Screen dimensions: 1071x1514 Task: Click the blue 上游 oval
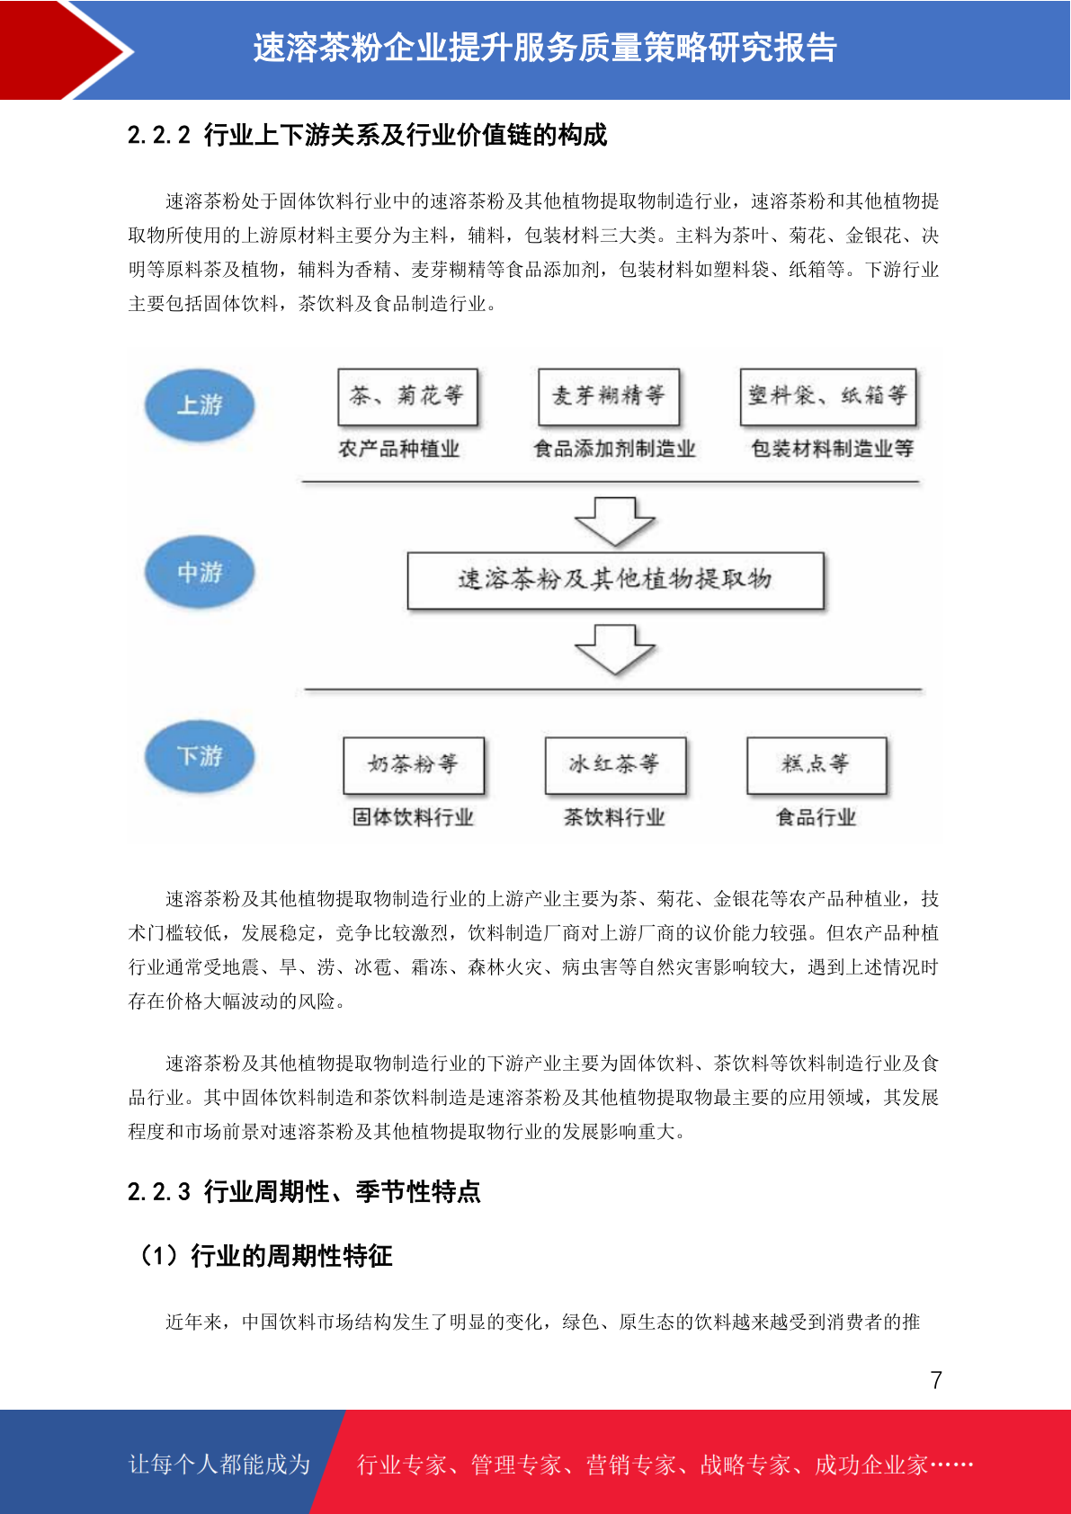click(x=201, y=405)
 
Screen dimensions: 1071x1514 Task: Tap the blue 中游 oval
click(x=201, y=572)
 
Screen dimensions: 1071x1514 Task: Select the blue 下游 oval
click(x=201, y=755)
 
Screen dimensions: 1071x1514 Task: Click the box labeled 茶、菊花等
click(x=407, y=396)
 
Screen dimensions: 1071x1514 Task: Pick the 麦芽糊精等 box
click(x=609, y=396)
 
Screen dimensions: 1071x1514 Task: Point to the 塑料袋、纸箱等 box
click(x=828, y=396)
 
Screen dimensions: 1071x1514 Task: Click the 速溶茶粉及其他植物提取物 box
click(x=615, y=581)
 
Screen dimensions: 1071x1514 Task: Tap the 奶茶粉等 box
click(x=414, y=765)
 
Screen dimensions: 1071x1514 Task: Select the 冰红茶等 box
click(x=615, y=765)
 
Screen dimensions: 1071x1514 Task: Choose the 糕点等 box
click(x=817, y=765)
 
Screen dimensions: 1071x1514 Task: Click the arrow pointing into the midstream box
click(x=614, y=521)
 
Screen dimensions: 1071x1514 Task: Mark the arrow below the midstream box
click(x=614, y=649)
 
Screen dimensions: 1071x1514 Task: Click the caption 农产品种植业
click(x=399, y=448)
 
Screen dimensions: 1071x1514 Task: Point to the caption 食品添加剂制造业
click(x=614, y=448)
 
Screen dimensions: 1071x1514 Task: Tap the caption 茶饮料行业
click(x=614, y=817)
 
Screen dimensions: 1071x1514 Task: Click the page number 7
click(x=936, y=1379)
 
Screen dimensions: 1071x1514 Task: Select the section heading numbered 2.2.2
click(x=367, y=135)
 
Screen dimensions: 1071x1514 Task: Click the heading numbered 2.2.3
click(x=304, y=1191)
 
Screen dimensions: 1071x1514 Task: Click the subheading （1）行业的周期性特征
click(x=263, y=1256)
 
